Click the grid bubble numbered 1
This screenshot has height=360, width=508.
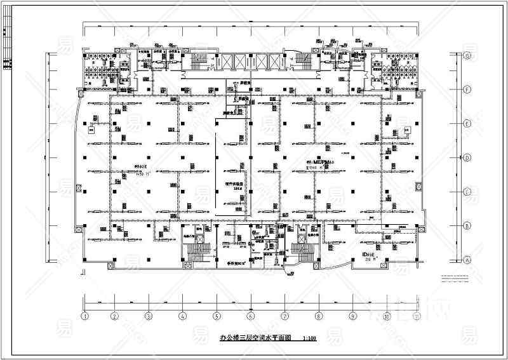click(x=83, y=315)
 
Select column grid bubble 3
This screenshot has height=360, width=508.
click(x=147, y=315)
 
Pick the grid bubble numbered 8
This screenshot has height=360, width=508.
click(x=318, y=315)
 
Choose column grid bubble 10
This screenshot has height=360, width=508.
click(x=386, y=315)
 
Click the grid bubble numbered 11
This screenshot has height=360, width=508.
click(x=417, y=315)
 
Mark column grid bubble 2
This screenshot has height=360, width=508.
click(x=114, y=315)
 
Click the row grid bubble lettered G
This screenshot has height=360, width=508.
click(x=468, y=56)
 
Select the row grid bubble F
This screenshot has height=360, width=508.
click(x=468, y=90)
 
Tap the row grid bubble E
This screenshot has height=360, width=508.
click(x=468, y=124)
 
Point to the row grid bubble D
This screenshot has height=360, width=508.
click(x=468, y=157)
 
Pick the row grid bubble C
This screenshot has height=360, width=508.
click(x=468, y=192)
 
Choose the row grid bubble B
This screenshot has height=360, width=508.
click(x=468, y=225)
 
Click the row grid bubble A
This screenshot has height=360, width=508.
click(x=468, y=260)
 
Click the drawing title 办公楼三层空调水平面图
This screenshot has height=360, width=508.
click(x=255, y=338)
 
